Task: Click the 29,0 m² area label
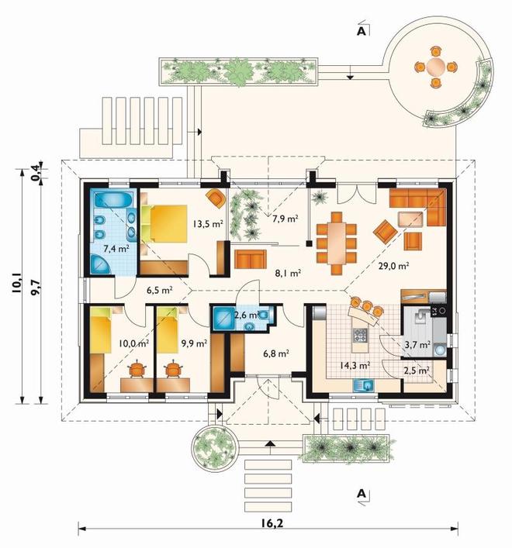click(393, 267)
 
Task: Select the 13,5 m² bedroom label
click(208, 224)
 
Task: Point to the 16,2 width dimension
click(272, 523)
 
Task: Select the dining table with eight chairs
click(336, 243)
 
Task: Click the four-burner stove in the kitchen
click(361, 336)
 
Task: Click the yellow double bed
click(164, 224)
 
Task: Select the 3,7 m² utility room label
click(417, 345)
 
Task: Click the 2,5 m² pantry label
click(417, 371)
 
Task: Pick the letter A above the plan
click(361, 32)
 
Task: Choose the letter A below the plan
click(361, 494)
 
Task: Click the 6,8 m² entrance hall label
click(276, 353)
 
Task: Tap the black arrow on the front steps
click(269, 443)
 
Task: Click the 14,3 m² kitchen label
click(355, 366)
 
